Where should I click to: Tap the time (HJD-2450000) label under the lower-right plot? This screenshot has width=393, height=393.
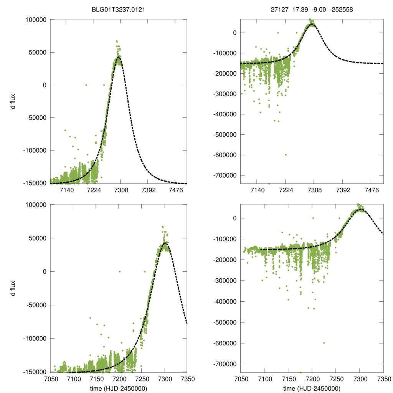pyautogui.click(x=312, y=388)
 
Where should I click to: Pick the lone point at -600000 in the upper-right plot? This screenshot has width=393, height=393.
pyautogui.click(x=286, y=155)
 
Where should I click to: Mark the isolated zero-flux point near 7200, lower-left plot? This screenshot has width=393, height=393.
pyautogui.click(x=119, y=271)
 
